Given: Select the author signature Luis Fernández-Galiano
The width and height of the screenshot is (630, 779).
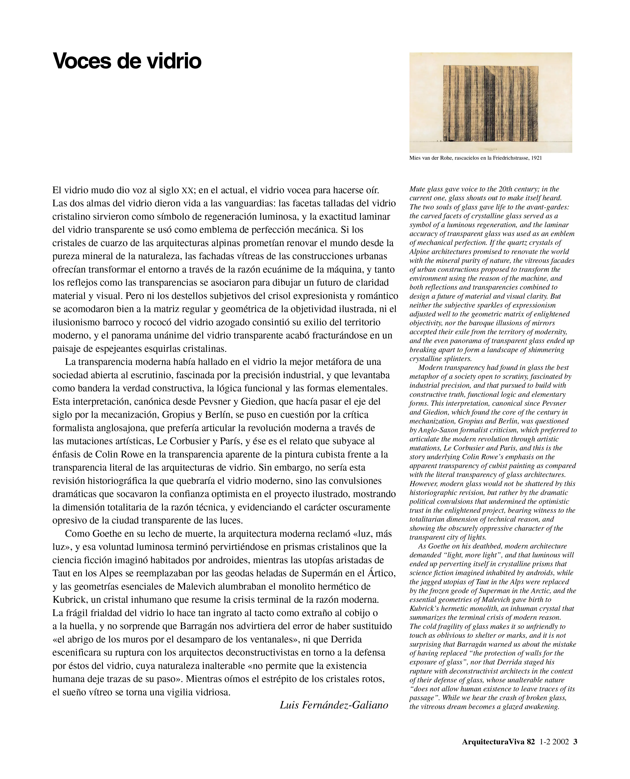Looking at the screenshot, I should pyautogui.click(x=334, y=705).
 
